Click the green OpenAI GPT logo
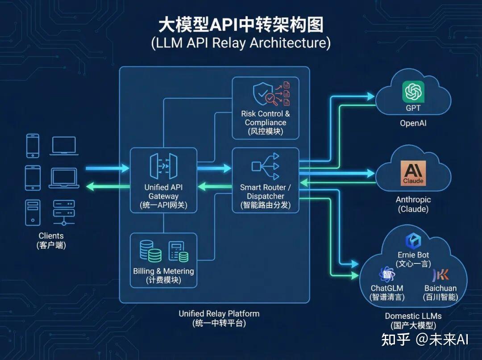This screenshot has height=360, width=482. coord(413,92)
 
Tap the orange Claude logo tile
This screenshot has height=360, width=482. coord(413,173)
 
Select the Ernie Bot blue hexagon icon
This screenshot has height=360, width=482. coord(413,241)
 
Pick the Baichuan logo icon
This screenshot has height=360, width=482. coord(440,275)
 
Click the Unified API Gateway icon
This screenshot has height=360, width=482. coord(163,166)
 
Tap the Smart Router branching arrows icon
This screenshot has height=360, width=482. coord(266,166)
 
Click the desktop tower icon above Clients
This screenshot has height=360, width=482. coord(33,212)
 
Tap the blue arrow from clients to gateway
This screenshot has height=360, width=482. coord(107,168)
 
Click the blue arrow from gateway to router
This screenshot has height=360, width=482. coord(214,168)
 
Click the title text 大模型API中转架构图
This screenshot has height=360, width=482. coord(241,25)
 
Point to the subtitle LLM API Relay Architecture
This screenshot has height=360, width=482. coord(241,43)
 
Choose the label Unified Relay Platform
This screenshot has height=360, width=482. coord(219,314)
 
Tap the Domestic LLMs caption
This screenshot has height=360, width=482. coord(413,316)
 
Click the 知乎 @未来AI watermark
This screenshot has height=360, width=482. coord(424,339)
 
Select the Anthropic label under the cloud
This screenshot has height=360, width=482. coord(413,200)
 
